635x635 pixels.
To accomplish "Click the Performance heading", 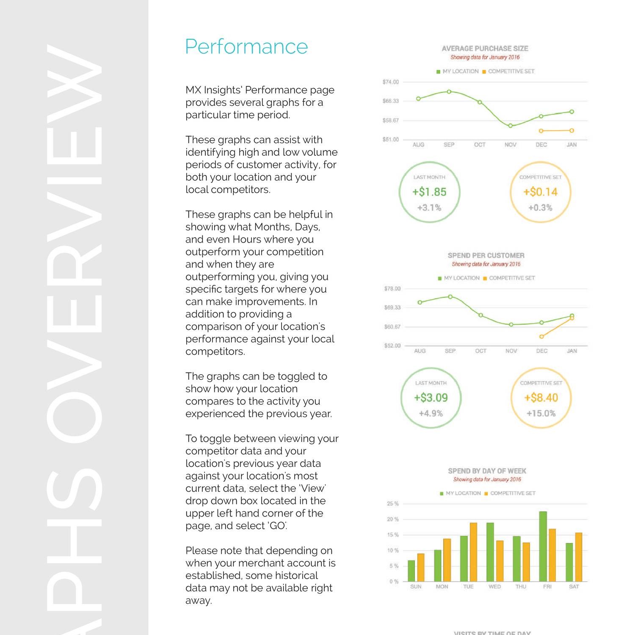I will tap(246, 47).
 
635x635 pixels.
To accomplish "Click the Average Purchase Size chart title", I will tap(485, 49).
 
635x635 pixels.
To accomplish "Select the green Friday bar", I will tap(543, 546).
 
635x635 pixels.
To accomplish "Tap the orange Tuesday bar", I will tap(473, 552).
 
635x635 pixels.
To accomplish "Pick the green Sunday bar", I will tap(411, 571).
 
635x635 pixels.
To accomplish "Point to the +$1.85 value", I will tap(429, 192).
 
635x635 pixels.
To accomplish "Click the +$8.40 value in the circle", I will tap(541, 398).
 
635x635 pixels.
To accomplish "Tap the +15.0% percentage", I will tap(541, 414).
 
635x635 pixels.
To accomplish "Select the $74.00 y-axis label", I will tap(390, 82).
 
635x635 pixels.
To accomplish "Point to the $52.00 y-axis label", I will tap(392, 346).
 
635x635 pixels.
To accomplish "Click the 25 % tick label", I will tap(392, 504).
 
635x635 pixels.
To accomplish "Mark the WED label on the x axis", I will tap(494, 587).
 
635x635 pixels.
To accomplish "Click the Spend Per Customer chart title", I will tap(486, 256).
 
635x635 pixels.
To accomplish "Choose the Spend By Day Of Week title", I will tap(487, 471).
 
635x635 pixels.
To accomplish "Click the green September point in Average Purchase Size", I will tap(449, 91).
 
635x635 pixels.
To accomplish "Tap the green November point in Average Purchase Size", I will tap(511, 126).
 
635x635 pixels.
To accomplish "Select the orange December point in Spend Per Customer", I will tap(541, 337).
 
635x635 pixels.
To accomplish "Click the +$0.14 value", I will tap(540, 192).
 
